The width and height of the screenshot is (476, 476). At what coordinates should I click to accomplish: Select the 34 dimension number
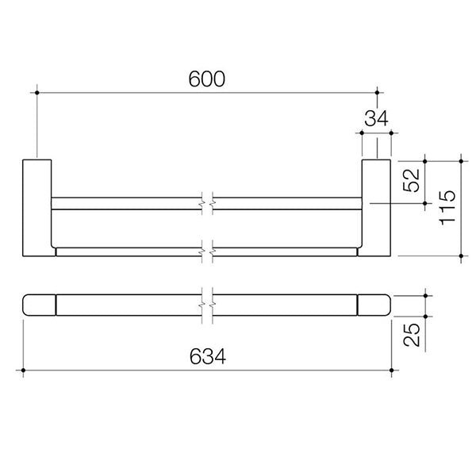[x=375, y=120]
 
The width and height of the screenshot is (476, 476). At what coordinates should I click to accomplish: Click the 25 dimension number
[x=411, y=332]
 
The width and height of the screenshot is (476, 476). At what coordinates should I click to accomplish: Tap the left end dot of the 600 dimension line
[x=36, y=94]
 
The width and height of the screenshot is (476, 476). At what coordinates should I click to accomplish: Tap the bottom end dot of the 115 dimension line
[x=462, y=255]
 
